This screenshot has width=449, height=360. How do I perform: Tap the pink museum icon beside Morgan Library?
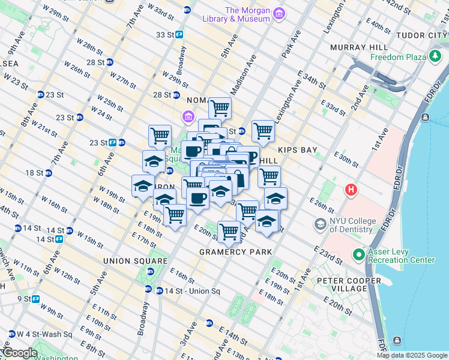279,13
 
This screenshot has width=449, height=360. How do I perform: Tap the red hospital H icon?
352,191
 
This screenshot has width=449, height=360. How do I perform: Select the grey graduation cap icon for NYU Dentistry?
321,224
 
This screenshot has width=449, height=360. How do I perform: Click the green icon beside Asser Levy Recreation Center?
358,255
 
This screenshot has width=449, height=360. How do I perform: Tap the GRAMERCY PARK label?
236,252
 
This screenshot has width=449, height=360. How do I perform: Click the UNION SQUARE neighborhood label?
135,261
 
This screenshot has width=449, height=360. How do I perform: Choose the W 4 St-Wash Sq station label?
44,334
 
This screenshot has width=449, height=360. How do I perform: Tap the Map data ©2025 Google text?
412,355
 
